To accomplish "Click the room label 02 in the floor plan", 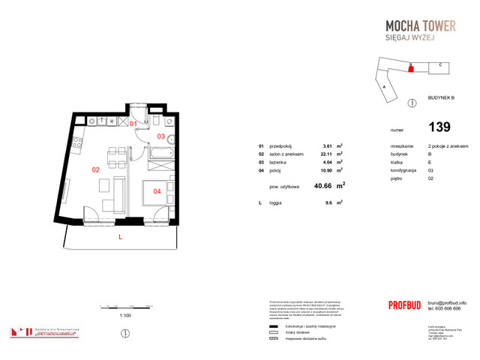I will point(95,169).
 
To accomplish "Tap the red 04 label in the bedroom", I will point(157,191).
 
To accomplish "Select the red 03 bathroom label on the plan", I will point(160,136).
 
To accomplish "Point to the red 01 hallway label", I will point(133,123).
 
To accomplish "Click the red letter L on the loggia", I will point(120,237).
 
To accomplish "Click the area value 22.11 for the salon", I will point(326,154).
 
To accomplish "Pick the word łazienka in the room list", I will point(278,162).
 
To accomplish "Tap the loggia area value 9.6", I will point(327,202).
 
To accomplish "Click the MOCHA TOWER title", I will point(415,26).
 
